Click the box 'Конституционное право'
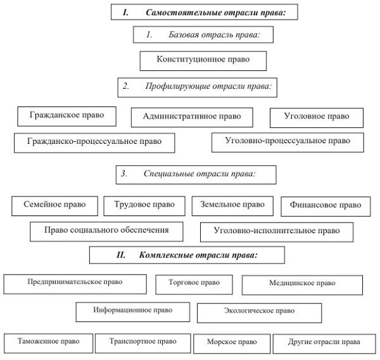[203, 60]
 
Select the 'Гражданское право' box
[66, 117]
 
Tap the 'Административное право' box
[191, 117]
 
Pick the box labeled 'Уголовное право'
[317, 117]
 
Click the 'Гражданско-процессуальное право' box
[94, 142]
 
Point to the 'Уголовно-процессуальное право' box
[288, 141]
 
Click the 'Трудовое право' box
[144, 205]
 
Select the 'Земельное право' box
[232, 205]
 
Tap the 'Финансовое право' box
[326, 206]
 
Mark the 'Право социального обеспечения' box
[108, 231]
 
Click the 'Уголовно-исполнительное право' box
[276, 231]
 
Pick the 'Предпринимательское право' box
[75, 283]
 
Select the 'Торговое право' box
[194, 283]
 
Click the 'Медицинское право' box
[302, 284]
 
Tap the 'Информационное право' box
[133, 311]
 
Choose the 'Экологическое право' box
[259, 312]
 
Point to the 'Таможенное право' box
[48, 342]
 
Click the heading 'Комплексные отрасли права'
[187, 255]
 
